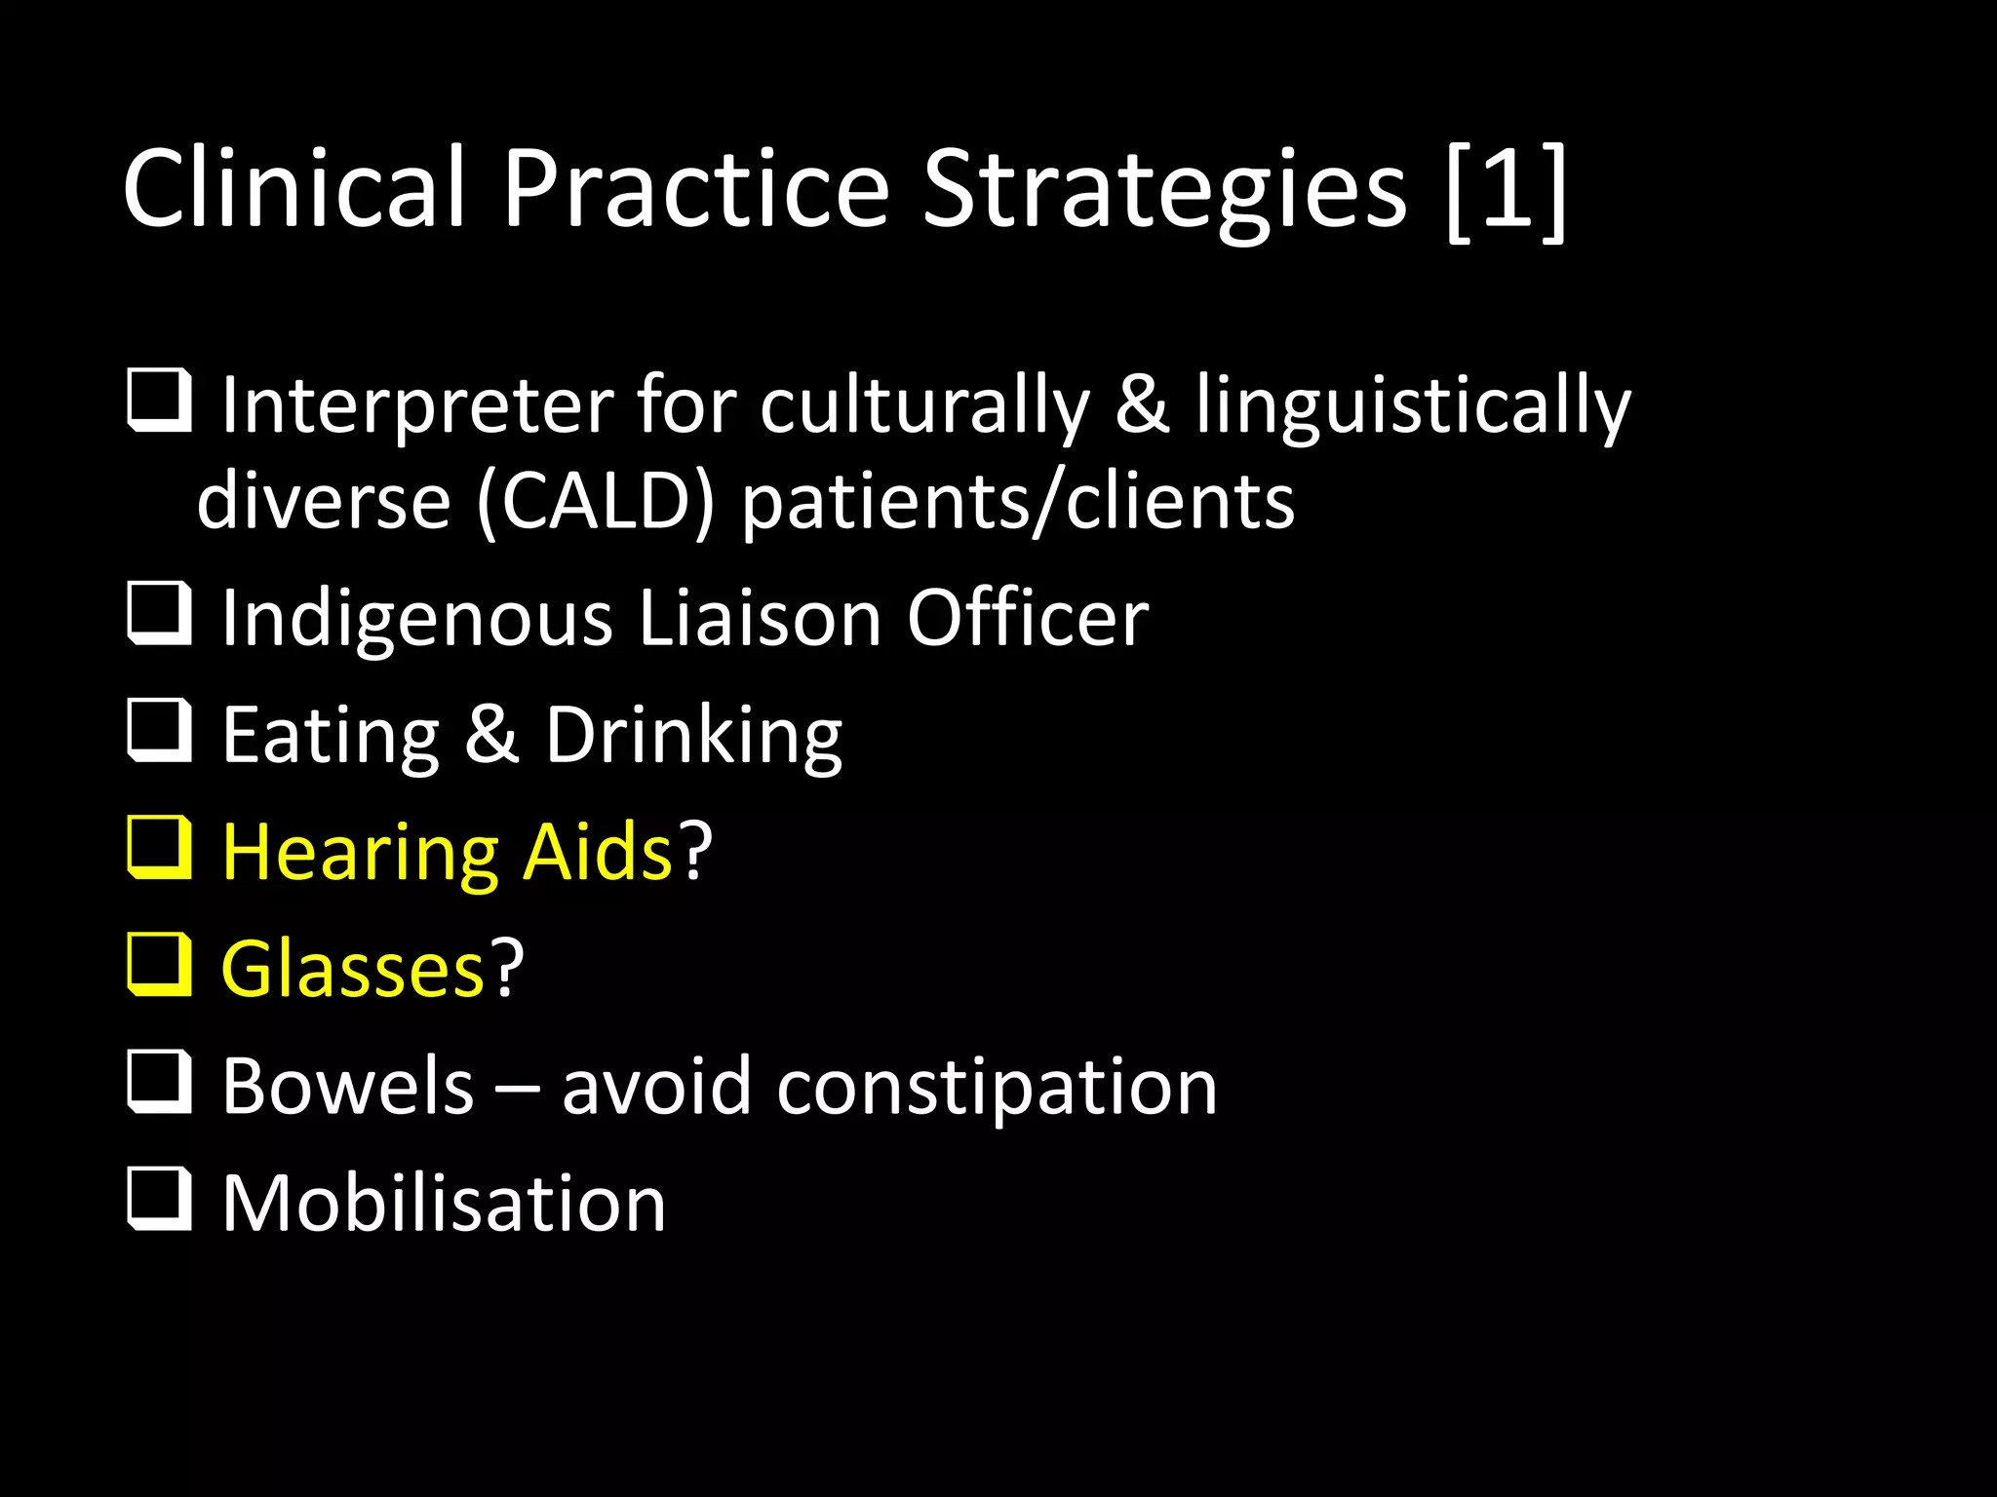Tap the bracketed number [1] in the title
coord(1507,190)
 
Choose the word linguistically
coord(1413,405)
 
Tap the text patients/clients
coord(1018,502)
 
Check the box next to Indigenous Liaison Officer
coord(159,613)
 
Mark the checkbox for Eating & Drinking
coord(159,730)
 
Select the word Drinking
coord(693,736)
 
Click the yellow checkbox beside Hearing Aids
coord(159,847)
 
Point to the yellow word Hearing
coord(360,853)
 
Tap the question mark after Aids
coord(695,851)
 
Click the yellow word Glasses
coord(353,969)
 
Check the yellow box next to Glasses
coord(159,964)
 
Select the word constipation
coord(997,1086)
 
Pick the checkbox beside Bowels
coord(159,1081)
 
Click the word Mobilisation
coord(444,1203)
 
